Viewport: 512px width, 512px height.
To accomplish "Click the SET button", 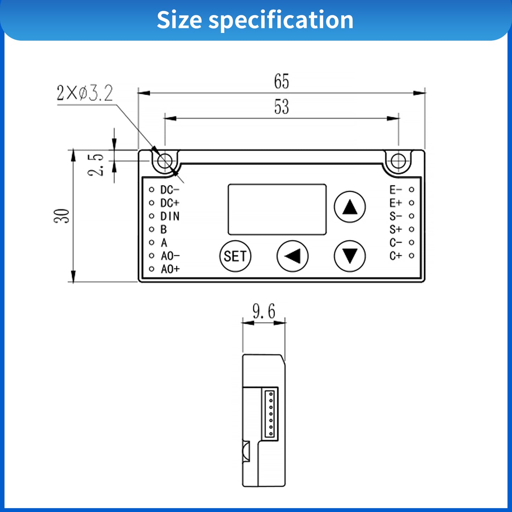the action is click(x=235, y=256).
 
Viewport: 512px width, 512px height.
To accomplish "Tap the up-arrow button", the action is click(x=350, y=207).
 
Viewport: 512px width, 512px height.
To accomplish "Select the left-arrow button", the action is click(x=293, y=256).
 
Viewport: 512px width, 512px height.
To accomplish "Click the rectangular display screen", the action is click(x=277, y=209).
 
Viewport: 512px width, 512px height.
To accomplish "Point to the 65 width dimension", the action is click(x=281, y=81).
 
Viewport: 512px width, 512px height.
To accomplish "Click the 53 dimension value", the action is click(x=281, y=107).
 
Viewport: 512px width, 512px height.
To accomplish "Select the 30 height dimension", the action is click(x=62, y=216).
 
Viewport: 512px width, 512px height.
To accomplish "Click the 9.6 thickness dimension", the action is click(x=264, y=311).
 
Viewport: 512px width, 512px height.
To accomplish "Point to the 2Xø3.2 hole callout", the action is click(x=85, y=93).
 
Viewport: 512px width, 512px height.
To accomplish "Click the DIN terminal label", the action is click(x=170, y=216).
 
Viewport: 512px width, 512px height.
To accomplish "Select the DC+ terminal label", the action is click(x=170, y=203).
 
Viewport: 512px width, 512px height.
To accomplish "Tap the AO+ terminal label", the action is click(x=170, y=269).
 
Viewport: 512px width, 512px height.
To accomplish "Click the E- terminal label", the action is click(x=396, y=190).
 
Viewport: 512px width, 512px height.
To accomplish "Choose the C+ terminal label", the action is click(x=396, y=256).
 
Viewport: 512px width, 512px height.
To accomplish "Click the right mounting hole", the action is click(x=398, y=161).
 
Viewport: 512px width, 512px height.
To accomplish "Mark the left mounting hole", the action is click(x=165, y=161).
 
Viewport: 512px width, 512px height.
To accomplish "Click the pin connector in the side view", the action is click(x=271, y=414).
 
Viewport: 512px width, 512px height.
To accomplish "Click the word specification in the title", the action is click(x=281, y=20).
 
